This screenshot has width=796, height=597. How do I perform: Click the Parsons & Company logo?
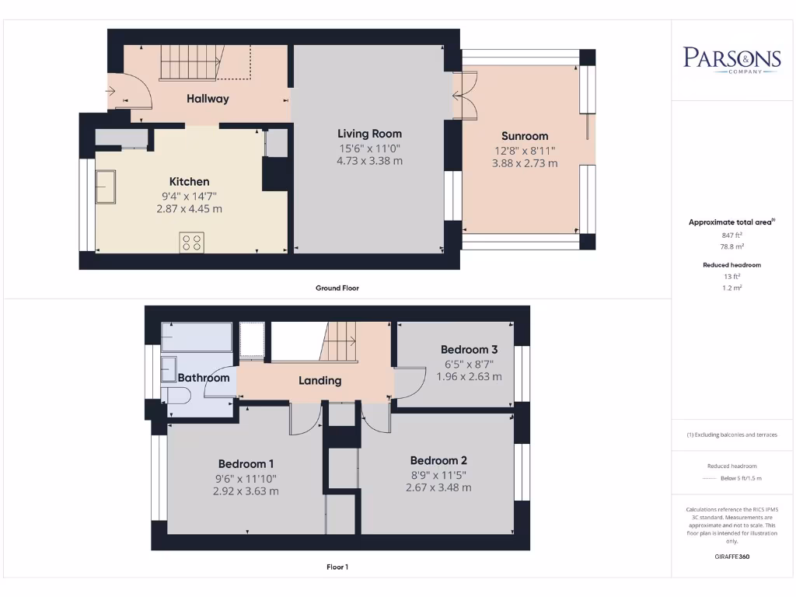point(731,60)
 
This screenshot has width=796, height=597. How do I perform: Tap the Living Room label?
point(369,134)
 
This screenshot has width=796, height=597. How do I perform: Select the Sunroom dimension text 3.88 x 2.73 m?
point(525,163)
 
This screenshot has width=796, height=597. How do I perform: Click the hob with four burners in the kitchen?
point(191,242)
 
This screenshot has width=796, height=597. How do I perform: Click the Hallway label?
point(208,99)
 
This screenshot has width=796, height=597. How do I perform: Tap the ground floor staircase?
point(190,63)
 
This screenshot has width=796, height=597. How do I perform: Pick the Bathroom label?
point(204,378)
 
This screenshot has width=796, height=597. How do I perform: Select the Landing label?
point(320,381)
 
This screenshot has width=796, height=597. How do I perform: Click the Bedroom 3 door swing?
point(409,384)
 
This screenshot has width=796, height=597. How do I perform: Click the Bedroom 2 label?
point(438,460)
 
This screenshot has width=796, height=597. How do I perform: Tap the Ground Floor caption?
point(337,288)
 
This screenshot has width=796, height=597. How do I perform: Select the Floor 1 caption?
point(337,567)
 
